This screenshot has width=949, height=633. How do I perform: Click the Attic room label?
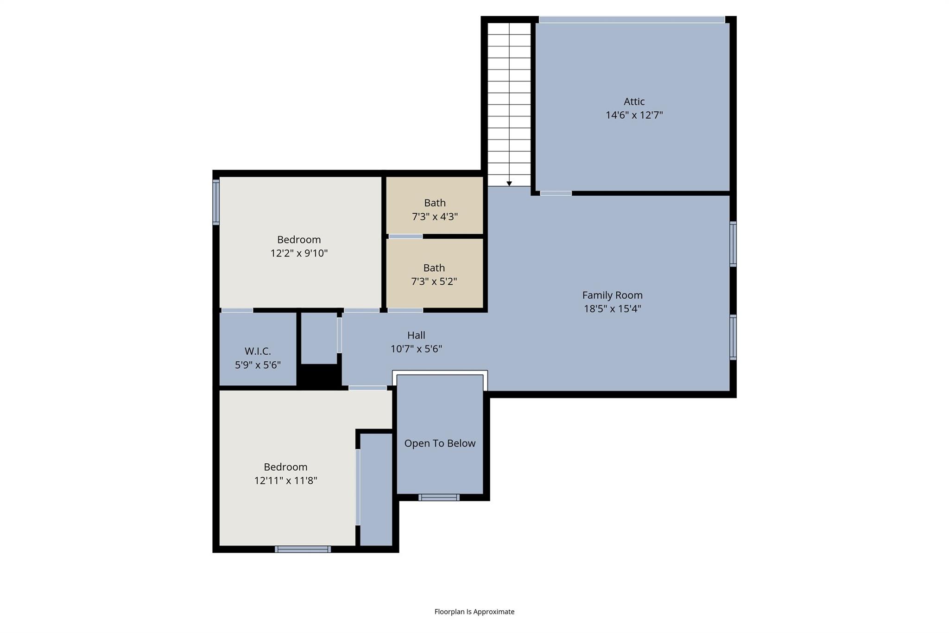634,102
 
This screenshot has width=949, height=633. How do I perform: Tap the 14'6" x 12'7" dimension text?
634,115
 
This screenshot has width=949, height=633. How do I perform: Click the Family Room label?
612,295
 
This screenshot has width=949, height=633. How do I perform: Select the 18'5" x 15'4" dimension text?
612,309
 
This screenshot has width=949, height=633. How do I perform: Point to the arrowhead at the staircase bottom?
509,184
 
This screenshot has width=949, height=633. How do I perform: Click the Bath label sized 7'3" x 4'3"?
435,203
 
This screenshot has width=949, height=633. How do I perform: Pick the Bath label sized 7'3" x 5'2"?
434,268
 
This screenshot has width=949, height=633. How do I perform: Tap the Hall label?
416,335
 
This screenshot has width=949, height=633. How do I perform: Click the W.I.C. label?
258,351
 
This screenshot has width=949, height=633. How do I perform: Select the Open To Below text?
440,443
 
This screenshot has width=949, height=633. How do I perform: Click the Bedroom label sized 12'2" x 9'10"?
299,240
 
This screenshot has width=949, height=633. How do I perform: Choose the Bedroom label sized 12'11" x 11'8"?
285,467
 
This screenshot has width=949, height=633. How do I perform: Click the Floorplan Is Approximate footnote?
474,612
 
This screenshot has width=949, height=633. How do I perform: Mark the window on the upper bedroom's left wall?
216,202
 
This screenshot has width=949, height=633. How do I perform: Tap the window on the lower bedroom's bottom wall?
303,549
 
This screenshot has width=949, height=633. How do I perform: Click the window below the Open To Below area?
439,498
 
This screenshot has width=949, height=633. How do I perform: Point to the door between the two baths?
405,237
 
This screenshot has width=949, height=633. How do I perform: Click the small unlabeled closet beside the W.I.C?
319,338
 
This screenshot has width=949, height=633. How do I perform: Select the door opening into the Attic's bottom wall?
556,193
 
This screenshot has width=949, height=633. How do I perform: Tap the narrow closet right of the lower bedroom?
376,489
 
